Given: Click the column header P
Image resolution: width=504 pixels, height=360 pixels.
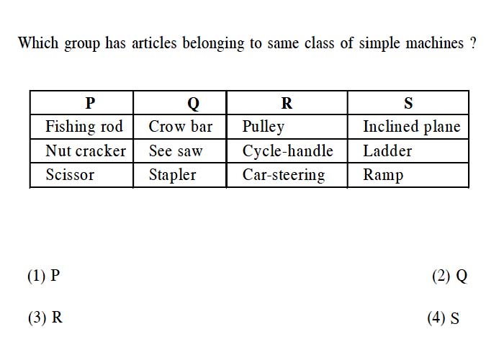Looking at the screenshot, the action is click(x=90, y=103).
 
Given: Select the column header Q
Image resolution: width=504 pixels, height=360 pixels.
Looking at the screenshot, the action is click(x=193, y=104).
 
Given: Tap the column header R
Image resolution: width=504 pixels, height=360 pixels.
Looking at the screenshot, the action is click(x=287, y=103).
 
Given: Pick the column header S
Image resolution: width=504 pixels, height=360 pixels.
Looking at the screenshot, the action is click(x=408, y=103).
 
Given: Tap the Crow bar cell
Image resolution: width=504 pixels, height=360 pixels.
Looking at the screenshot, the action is click(x=180, y=126).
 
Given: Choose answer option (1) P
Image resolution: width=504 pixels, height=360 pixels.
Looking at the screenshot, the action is click(x=44, y=276).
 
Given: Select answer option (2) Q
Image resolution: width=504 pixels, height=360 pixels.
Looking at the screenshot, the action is click(x=450, y=276).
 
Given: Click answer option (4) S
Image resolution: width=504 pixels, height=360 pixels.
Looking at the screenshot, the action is click(x=444, y=318).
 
